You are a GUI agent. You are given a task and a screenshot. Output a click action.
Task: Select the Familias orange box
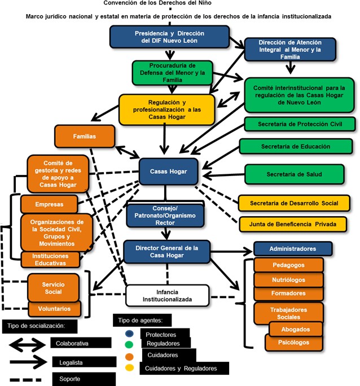[x=84, y=137]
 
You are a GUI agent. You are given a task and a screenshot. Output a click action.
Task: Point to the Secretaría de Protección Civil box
[x=299, y=124]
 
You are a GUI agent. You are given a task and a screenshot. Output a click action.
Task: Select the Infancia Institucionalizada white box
[x=167, y=295]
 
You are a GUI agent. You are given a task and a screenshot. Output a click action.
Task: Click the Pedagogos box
[x=288, y=264]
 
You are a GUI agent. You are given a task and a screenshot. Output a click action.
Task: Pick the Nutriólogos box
[x=288, y=279]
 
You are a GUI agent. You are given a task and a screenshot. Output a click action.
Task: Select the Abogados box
[x=288, y=328]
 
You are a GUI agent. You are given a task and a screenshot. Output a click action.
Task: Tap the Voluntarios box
[x=55, y=309]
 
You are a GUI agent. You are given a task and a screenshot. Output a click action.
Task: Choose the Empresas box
[x=49, y=204]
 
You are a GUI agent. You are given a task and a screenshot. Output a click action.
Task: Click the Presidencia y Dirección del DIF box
[x=169, y=37]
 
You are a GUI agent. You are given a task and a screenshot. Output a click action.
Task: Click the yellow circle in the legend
[x=129, y=367]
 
